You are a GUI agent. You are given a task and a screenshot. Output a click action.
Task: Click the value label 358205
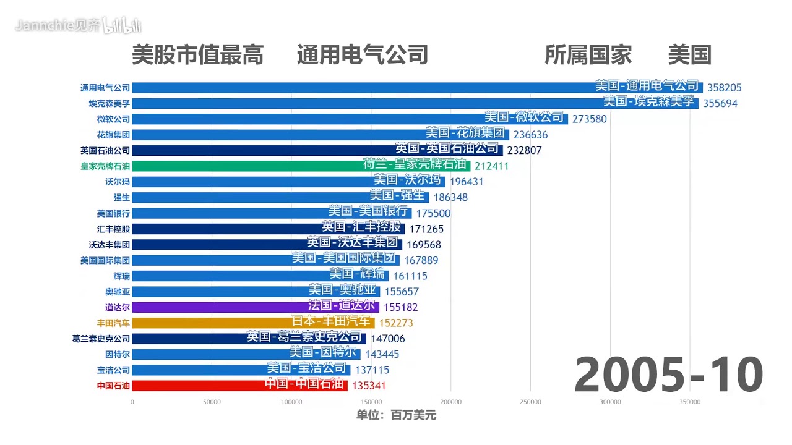725,88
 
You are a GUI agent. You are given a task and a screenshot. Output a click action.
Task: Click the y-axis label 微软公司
113,119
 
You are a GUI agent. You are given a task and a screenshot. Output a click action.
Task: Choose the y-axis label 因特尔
117,354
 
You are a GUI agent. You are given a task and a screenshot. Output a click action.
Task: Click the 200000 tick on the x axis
450,402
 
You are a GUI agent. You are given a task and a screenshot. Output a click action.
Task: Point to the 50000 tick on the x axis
212,402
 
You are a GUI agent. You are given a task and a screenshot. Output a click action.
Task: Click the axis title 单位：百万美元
396,415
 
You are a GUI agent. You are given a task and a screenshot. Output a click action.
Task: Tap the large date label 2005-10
668,376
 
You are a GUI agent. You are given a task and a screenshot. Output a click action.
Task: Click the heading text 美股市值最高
197,55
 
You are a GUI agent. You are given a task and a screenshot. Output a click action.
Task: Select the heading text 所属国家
588,55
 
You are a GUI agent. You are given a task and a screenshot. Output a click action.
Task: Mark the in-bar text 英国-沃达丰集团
355,244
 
